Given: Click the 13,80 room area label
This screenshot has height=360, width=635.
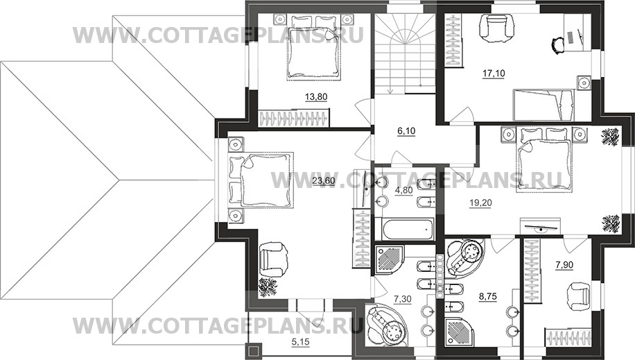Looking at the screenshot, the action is [x=316, y=97].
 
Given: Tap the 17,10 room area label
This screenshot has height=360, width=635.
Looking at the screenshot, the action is [x=494, y=74].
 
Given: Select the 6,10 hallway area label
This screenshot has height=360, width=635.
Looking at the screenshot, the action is [x=406, y=131].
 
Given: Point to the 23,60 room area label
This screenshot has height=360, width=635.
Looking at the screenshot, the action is [x=324, y=181].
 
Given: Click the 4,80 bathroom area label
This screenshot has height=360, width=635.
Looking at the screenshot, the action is [x=403, y=190].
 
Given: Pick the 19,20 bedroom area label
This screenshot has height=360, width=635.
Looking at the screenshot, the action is [x=480, y=203].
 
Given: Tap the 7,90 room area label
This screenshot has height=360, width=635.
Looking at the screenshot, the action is [x=564, y=265].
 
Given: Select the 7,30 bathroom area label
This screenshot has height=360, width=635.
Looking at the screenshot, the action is [x=403, y=300].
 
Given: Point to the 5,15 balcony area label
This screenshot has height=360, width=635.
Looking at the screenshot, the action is [x=300, y=343].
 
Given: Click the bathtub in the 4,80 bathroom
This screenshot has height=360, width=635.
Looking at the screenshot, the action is [x=408, y=230].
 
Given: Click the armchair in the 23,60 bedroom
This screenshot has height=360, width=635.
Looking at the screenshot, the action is [x=274, y=259].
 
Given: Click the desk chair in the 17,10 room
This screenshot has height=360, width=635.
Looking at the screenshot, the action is [x=559, y=44].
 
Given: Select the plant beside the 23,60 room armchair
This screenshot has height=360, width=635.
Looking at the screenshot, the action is [x=268, y=287].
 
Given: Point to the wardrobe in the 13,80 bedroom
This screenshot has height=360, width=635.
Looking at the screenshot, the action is [x=293, y=119].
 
